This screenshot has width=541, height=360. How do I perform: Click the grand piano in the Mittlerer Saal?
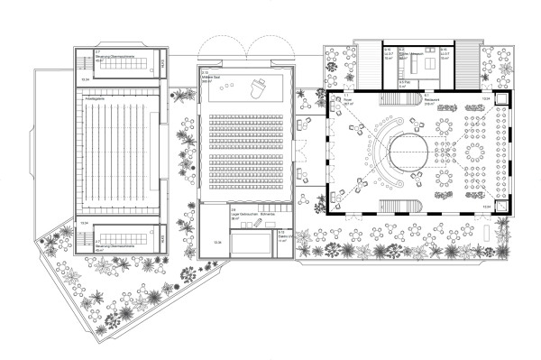click(260, 88)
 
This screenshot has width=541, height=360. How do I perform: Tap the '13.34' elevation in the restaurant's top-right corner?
click(487, 97)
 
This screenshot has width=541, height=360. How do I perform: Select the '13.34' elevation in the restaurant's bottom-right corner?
click(487, 208)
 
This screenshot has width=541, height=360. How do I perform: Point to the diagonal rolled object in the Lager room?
click(259, 219)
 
